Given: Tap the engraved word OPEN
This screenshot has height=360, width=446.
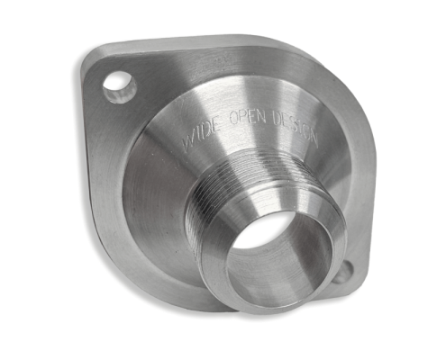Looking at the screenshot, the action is click(x=247, y=116).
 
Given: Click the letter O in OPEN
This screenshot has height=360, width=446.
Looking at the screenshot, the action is click(x=233, y=117).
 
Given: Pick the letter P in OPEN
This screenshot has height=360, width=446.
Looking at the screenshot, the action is click(x=242, y=116).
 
